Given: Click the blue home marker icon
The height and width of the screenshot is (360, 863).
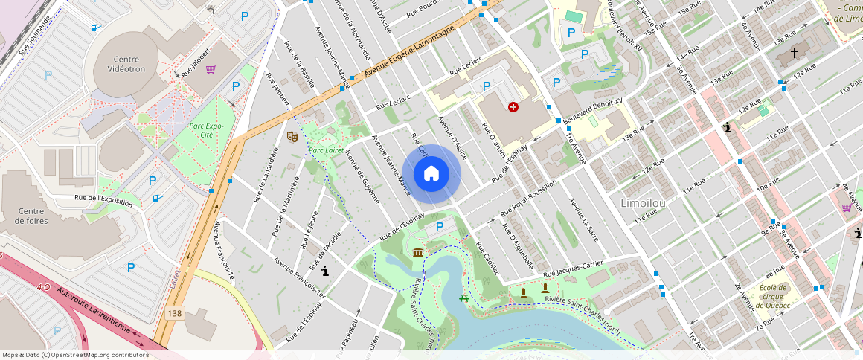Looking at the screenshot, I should [x=431, y=174].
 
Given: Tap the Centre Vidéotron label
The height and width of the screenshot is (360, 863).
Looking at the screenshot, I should [x=126, y=65].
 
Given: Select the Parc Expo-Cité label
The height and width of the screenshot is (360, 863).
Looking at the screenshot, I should [x=205, y=130].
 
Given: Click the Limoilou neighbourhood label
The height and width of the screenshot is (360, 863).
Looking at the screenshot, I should [x=642, y=202].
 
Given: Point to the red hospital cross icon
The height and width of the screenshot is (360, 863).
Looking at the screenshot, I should [x=513, y=108].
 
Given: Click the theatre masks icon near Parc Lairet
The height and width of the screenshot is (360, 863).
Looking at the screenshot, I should [x=292, y=136].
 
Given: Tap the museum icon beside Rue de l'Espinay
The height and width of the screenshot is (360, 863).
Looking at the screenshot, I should [x=418, y=253].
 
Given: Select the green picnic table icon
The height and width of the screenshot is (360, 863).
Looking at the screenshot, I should [x=464, y=298].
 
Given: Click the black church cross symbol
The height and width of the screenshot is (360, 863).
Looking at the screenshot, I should [x=794, y=53].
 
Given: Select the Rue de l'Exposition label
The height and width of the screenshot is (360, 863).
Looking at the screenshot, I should [x=103, y=201].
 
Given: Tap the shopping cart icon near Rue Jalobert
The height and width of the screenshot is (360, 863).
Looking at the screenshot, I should [x=211, y=69].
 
